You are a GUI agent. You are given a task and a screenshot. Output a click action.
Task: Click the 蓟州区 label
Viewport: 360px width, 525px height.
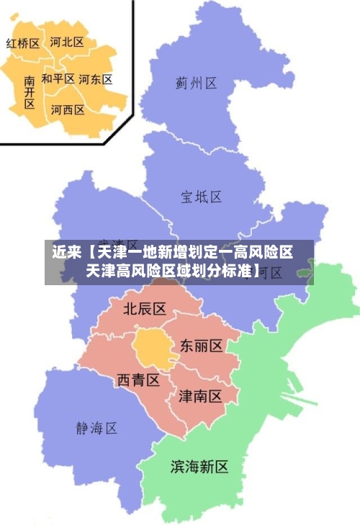tap(196, 84)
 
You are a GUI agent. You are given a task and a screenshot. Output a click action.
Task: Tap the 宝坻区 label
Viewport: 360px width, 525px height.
tap(201, 196)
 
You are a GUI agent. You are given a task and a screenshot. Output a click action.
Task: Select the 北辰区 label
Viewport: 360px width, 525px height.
tap(145, 309)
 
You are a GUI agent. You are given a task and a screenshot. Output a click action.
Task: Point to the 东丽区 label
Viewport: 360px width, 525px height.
tap(201, 346)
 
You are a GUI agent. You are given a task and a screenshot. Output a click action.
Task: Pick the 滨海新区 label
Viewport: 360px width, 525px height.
tap(199, 467)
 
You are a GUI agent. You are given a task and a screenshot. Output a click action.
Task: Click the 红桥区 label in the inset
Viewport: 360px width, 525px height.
tap(23, 43)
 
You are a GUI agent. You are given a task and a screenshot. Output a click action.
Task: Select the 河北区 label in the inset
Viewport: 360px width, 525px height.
tap(67, 42)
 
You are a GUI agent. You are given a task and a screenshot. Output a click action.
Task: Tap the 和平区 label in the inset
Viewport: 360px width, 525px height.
tap(58, 78)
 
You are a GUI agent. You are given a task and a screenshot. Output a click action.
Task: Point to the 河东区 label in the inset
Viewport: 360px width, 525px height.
tap(95, 79)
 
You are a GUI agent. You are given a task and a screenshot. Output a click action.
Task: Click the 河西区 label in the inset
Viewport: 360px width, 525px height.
tap(68, 110)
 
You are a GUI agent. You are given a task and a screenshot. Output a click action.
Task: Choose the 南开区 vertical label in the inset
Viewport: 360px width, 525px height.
tap(29, 92)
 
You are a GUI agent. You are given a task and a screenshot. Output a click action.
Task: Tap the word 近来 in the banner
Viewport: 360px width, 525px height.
tap(66, 253)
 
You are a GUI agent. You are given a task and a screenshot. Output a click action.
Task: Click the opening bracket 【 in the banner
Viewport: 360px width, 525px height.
tap(89, 253)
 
